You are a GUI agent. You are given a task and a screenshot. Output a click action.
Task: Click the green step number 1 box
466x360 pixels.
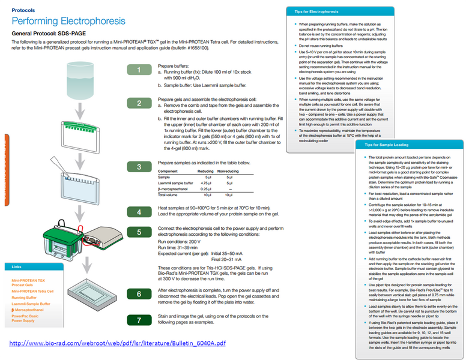(x=139, y=71)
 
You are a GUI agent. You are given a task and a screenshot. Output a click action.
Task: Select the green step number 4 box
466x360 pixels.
(x=139, y=212)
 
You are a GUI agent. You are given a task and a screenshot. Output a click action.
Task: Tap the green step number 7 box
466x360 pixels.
(x=139, y=320)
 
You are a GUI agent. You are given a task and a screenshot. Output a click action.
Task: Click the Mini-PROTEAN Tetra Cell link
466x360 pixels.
(x=32, y=291)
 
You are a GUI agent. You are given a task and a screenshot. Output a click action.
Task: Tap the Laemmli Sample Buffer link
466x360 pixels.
(x=31, y=304)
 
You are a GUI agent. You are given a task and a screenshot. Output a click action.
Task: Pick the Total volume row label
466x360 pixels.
(x=171, y=195)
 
